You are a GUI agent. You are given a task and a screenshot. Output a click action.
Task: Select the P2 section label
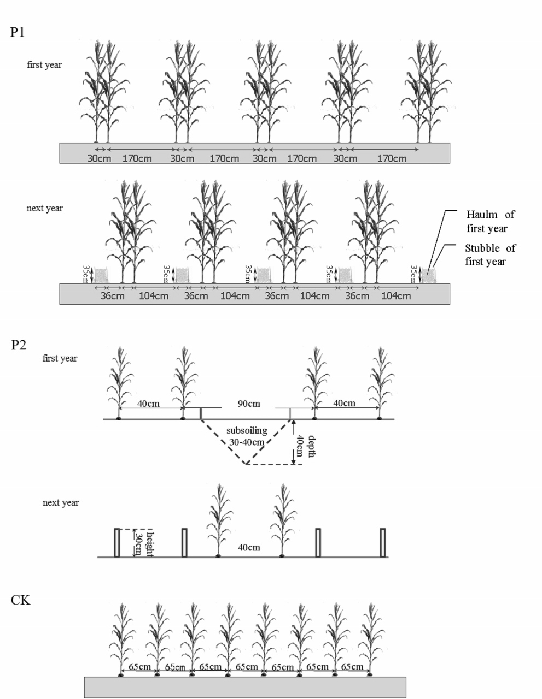coord(19,346)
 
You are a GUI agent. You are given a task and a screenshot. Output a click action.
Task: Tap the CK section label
coord(21,601)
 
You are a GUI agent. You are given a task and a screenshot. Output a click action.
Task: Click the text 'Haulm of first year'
coord(490,221)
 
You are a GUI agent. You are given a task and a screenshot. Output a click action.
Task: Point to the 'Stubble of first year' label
coord(490,254)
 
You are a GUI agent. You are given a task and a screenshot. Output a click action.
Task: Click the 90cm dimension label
coord(249,404)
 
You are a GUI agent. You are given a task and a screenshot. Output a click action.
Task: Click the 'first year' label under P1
coord(44,64)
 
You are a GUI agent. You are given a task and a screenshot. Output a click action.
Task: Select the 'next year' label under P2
coord(61,502)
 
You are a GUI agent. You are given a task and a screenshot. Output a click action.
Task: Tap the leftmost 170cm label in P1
coord(137,158)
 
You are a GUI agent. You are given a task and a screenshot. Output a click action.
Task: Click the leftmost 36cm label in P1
coord(113,296)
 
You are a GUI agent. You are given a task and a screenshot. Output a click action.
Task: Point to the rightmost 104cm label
coord(395,296)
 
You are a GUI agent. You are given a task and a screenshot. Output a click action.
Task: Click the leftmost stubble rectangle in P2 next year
coord(116,542)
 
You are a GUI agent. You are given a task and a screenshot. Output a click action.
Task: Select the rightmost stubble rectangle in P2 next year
coord(383,542)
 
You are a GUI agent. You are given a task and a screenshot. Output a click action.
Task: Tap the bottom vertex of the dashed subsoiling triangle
coord(247,464)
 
